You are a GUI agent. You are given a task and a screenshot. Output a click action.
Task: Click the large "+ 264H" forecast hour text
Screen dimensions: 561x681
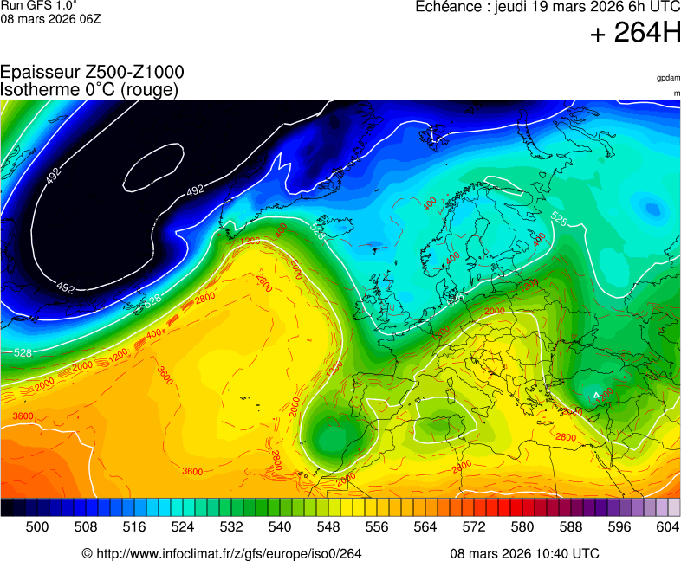click(634, 34)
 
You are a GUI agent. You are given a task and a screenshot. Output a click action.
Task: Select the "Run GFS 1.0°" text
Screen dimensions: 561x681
click(38, 6)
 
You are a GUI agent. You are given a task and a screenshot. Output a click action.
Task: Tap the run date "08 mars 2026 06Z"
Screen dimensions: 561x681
click(50, 19)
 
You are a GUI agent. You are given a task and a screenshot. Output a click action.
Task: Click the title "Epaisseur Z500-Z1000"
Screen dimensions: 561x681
click(92, 73)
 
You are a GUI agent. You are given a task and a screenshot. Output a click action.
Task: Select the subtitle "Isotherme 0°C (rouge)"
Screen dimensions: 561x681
click(89, 89)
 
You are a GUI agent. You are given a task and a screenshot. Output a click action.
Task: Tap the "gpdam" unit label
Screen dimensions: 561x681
click(668, 78)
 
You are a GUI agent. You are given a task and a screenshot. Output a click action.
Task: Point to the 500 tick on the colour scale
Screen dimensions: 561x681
click(36, 526)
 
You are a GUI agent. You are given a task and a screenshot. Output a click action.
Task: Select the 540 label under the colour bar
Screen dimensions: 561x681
click(279, 526)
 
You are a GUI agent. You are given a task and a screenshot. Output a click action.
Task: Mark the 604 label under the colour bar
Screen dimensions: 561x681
click(667, 526)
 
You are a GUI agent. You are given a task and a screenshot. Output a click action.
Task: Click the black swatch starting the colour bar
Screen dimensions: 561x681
click(7, 508)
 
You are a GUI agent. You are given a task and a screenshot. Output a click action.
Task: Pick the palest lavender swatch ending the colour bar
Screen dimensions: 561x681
click(674, 508)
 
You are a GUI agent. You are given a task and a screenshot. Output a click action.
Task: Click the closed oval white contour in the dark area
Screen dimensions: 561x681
click(153, 166)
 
